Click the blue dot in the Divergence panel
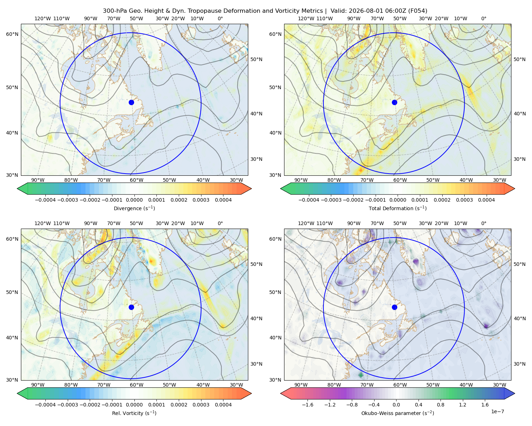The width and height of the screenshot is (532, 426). click(x=131, y=102)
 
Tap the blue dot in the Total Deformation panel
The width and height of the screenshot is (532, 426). click(x=394, y=102)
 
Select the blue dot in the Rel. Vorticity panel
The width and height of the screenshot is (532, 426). click(x=131, y=307)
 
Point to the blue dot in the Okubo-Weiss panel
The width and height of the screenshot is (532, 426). click(x=394, y=307)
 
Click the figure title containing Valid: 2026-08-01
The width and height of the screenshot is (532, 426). click(x=265, y=11)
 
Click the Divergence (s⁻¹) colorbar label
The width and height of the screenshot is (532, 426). click(x=134, y=208)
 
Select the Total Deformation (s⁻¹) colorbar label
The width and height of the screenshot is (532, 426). click(x=398, y=208)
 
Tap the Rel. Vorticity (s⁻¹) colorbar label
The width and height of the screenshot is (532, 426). click(x=134, y=413)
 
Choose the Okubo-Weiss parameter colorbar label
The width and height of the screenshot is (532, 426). click(x=398, y=413)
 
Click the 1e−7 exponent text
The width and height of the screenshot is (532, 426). click(x=497, y=411)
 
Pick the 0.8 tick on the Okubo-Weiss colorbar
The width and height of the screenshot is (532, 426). click(x=440, y=405)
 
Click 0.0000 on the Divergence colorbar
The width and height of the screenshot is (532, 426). click(x=134, y=200)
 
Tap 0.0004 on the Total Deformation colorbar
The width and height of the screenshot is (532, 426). click(x=486, y=200)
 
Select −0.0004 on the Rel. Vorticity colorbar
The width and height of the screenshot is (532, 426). click(x=45, y=405)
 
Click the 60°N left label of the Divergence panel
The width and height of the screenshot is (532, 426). click(x=12, y=34)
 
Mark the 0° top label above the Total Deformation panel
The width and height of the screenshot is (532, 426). click(x=483, y=18)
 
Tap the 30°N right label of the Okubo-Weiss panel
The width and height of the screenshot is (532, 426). click(x=519, y=364)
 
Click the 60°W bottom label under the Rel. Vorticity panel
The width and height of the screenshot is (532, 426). click(x=137, y=385)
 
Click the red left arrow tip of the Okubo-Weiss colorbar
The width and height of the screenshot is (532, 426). click(x=281, y=393)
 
